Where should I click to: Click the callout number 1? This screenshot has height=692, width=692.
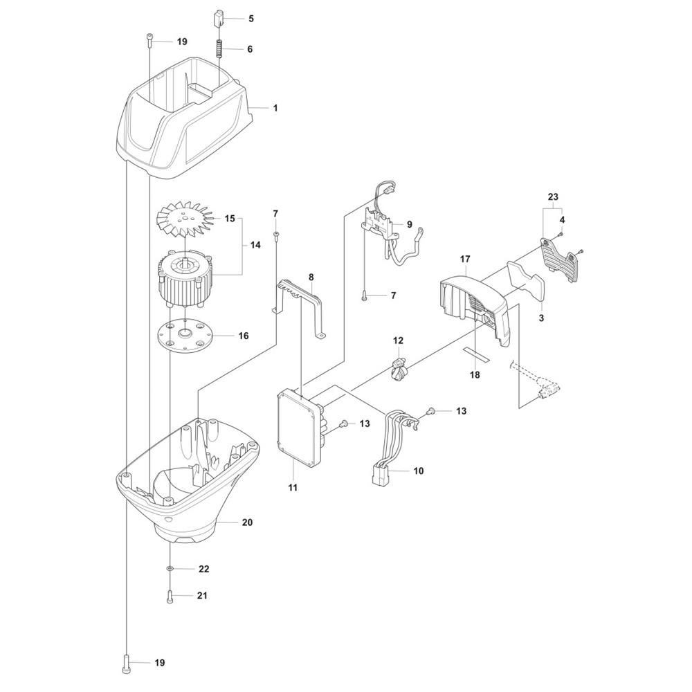click(x=275, y=108)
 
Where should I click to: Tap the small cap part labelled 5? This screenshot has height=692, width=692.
click(x=219, y=17)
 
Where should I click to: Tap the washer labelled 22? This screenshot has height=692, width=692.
click(x=170, y=569)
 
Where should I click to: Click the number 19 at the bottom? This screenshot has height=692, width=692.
click(x=160, y=663)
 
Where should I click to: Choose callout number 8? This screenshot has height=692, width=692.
click(x=311, y=277)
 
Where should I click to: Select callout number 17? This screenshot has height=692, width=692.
click(x=464, y=259)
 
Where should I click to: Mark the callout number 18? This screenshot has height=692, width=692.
click(x=475, y=374)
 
